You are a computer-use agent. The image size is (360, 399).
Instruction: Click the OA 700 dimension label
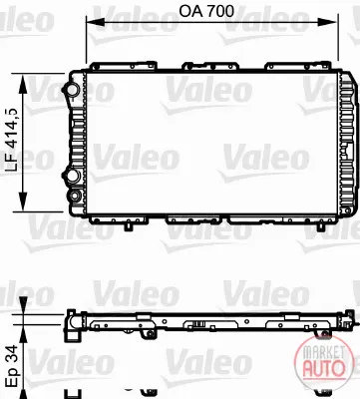coord(206,11)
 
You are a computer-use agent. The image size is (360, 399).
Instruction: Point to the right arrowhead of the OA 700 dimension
coord(328,22)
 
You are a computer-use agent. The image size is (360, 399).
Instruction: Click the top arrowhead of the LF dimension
coord(23,85)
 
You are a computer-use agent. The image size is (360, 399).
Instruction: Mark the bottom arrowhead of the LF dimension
coord(23,201)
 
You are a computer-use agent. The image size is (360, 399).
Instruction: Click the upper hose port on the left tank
coord(70,89)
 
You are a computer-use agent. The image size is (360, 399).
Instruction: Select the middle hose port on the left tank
coord(71,175)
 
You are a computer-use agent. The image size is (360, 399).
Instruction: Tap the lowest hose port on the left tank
coord(75,196)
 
